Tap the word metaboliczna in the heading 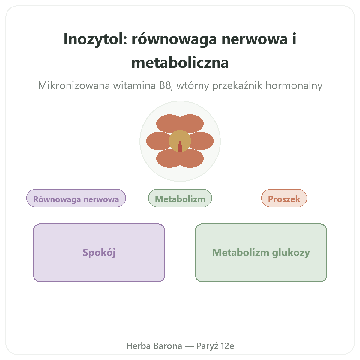pyautogui.click(x=180, y=63)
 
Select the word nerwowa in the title pyautogui.click(x=254, y=39)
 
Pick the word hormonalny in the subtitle pyautogui.click(x=294, y=85)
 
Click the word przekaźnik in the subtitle pyautogui.click(x=237, y=86)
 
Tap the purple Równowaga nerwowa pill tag pyautogui.click(x=76, y=198)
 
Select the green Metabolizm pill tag pyautogui.click(x=180, y=198)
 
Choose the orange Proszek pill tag pyautogui.click(x=284, y=198)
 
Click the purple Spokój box pyautogui.click(x=99, y=253)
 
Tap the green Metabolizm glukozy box pyautogui.click(x=261, y=253)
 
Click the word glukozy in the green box pyautogui.click(x=291, y=253)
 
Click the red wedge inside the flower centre pyautogui.click(x=180, y=147)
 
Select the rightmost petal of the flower pyautogui.click(x=203, y=141)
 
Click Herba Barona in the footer pyautogui.click(x=154, y=346)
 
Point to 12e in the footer pyautogui.click(x=227, y=346)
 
